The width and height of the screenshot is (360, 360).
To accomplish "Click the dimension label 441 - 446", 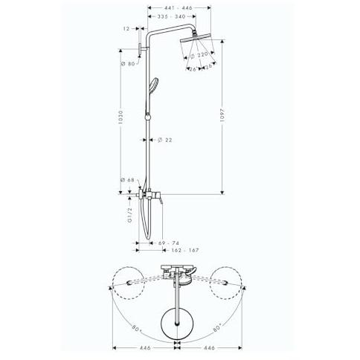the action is (x=180, y=8).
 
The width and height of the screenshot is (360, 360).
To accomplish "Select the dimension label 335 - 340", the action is (x=171, y=16).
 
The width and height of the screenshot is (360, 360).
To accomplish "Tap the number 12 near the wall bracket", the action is (x=126, y=29).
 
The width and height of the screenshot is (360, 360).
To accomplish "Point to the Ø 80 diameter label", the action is (x=128, y=64).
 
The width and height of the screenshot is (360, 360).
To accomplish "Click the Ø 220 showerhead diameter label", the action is (x=199, y=55).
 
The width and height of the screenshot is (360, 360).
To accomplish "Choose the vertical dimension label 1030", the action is (x=120, y=118).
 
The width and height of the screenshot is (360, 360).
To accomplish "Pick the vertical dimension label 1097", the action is (x=222, y=115).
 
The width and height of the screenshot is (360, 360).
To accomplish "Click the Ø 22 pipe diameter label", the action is (x=164, y=140).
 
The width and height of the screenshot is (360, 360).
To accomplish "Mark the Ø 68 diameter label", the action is (x=127, y=180).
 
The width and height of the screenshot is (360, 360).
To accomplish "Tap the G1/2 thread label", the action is (x=130, y=215).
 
